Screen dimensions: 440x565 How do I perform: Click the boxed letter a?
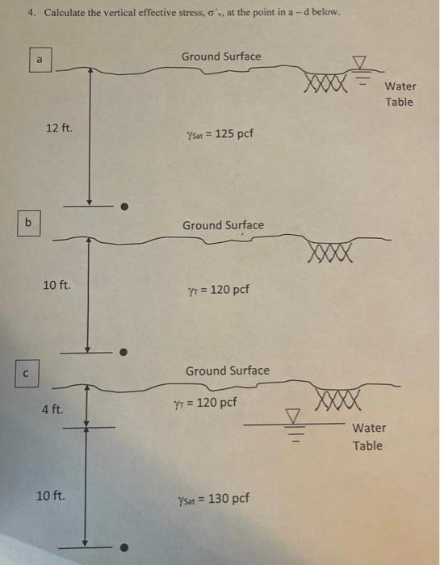(x=40, y=60)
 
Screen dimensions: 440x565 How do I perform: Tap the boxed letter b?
(x=28, y=224)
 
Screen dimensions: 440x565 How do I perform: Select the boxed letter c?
(x=27, y=374)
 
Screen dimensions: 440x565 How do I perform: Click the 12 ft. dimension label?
(x=59, y=128)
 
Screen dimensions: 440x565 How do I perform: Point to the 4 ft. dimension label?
(x=52, y=409)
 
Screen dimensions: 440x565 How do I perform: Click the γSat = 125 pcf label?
(x=220, y=135)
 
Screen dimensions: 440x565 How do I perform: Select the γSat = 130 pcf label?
(x=213, y=500)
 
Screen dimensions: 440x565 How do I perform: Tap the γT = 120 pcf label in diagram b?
(x=218, y=290)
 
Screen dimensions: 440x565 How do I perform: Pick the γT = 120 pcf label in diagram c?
(x=205, y=403)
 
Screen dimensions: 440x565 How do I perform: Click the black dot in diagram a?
(x=124, y=207)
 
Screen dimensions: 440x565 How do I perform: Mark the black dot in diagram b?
(x=124, y=352)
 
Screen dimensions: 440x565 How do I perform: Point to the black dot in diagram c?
(x=124, y=547)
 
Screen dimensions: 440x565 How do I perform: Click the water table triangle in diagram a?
(x=358, y=62)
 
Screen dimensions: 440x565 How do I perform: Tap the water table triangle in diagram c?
(x=293, y=416)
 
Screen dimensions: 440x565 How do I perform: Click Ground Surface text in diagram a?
(x=221, y=56)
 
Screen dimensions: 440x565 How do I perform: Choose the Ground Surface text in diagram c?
(x=228, y=370)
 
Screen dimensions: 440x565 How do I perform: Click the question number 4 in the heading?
(x=32, y=13)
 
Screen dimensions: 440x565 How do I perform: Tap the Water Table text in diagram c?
(x=368, y=437)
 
